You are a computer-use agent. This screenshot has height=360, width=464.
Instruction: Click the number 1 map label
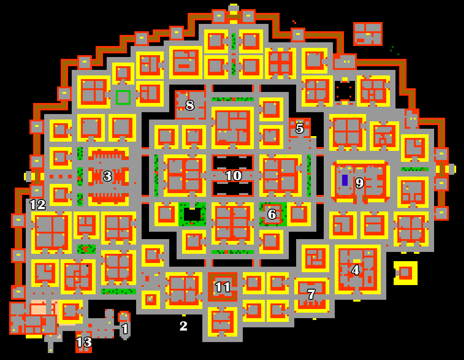(125, 329)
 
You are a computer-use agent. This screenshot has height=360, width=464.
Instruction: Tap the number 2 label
(183, 326)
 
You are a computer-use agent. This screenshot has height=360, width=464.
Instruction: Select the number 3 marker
(108, 176)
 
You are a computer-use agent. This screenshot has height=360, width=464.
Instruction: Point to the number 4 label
(355, 269)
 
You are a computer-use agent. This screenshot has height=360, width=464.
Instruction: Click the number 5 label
(300, 128)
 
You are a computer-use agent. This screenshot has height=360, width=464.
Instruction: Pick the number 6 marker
(272, 214)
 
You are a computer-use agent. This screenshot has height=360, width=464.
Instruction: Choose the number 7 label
(311, 294)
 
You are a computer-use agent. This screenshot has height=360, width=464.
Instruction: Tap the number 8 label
(189, 105)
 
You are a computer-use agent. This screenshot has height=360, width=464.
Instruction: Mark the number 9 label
(359, 183)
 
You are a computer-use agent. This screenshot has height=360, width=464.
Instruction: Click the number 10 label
(234, 176)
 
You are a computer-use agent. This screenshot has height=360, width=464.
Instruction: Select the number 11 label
(223, 287)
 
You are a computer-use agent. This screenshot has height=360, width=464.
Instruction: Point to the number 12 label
(38, 205)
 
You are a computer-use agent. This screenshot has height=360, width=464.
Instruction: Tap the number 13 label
(84, 342)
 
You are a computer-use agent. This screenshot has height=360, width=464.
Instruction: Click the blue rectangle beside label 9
(345, 180)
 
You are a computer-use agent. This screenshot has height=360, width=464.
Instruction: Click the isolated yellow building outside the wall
(405, 273)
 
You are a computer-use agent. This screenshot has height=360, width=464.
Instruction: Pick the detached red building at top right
(368, 34)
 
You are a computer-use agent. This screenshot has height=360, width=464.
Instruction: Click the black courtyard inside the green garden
(192, 214)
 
